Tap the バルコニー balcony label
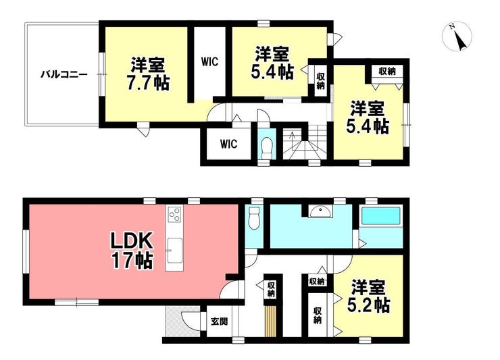click(64, 75)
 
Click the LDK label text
click(132, 242)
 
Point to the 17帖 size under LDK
click(132, 261)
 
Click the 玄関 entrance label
click(219, 321)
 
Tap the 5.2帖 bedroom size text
click(368, 305)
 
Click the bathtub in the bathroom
click(380, 216)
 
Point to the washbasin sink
click(320, 211)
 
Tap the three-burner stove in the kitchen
click(174, 213)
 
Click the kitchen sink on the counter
click(174, 251)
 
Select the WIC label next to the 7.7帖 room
click(209, 61)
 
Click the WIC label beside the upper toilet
click(228, 144)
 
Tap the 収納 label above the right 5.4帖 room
click(386, 72)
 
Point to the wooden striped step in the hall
click(270, 321)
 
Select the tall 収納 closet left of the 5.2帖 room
click(317, 315)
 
